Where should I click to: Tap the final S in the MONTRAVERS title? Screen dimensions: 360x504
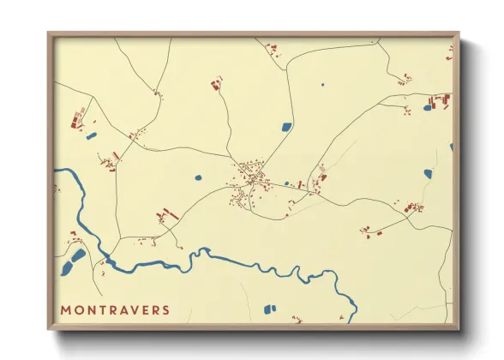tap(165, 309)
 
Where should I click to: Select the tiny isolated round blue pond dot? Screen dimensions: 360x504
tap(322, 84)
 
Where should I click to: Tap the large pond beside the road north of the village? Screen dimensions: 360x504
tap(286, 127)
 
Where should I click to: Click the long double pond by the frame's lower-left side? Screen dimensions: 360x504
tap(78, 255)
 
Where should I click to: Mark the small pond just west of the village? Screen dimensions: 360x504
tap(198, 177)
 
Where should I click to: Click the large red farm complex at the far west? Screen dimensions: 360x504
tap(78, 119)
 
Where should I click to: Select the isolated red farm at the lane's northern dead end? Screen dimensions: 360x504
tap(216, 83)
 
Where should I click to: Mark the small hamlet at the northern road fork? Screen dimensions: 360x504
tap(157, 92)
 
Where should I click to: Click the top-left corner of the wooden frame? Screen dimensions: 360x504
tap(50, 34)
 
